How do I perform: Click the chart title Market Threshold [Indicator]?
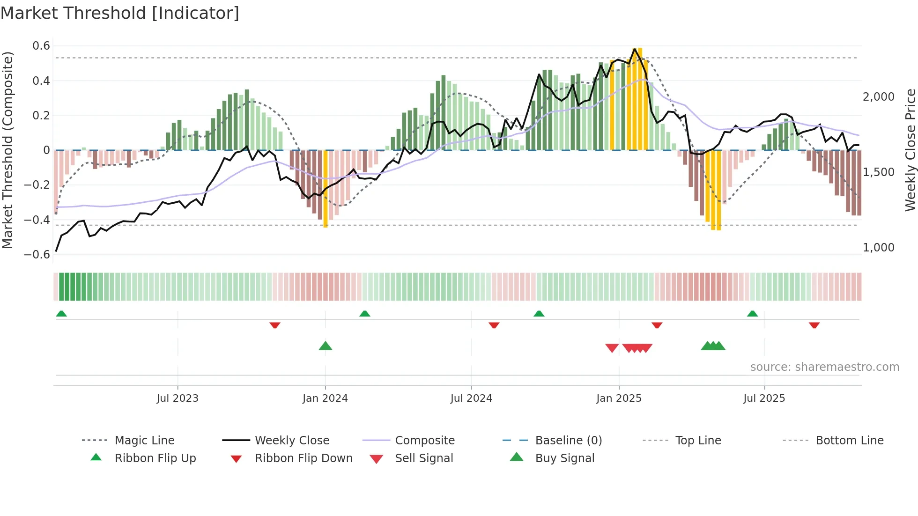120,13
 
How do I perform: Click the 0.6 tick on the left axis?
41,46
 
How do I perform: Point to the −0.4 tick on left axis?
37,220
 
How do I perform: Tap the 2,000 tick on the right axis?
878,97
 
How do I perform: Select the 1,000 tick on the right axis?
878,248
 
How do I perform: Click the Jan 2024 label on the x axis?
325,398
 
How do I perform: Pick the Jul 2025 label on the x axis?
764,398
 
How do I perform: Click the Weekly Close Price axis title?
910,150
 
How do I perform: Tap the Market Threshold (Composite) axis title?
7,150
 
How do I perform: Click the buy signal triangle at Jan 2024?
326,346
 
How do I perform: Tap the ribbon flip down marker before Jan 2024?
275,325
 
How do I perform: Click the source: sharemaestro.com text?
824,367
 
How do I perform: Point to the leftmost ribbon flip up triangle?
61,314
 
